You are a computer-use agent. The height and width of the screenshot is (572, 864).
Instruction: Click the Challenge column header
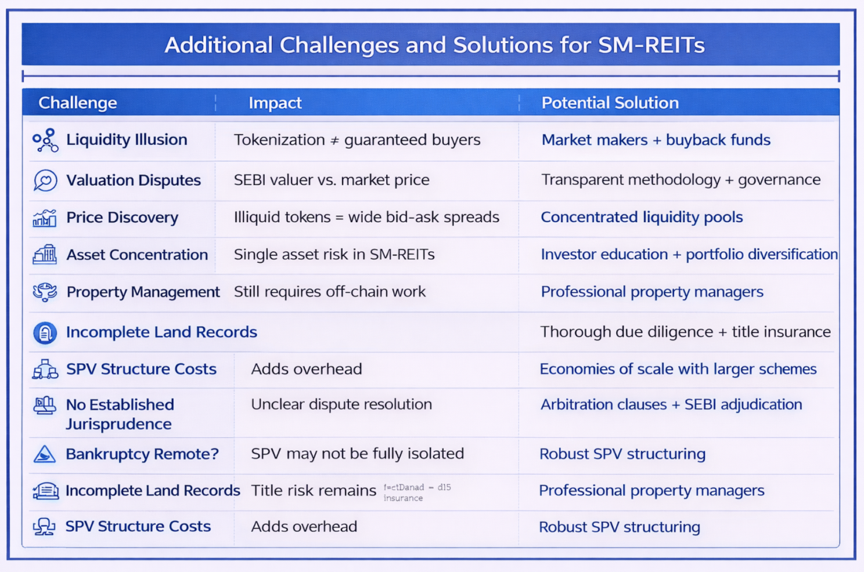coord(77,103)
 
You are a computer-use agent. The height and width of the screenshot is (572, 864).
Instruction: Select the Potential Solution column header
coord(610,103)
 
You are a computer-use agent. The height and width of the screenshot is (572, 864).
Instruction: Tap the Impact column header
coord(275,103)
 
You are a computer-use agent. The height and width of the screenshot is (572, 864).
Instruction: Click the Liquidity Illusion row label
coord(127,140)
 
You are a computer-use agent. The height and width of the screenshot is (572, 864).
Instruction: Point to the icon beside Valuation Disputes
coord(45,180)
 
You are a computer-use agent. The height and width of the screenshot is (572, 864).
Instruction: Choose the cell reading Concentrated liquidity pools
coord(642,217)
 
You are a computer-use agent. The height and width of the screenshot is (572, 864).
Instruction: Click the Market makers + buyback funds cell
coord(656,140)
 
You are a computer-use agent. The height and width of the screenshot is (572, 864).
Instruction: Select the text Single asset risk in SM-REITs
coord(334,254)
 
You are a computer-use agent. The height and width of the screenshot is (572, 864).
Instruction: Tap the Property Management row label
coord(143,292)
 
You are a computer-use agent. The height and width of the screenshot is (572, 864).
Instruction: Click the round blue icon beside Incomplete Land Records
coord(45,333)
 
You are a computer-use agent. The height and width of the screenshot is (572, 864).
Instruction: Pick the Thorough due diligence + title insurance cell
coord(685,332)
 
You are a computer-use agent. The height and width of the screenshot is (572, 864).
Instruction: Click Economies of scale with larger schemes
coord(678,369)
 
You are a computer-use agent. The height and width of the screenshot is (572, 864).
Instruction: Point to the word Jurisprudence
coord(118,424)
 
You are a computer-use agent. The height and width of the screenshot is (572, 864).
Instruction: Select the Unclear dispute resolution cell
coord(341,404)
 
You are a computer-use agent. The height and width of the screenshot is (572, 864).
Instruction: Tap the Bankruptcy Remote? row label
coord(142,454)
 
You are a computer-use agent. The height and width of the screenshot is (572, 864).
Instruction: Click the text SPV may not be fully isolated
coord(357,454)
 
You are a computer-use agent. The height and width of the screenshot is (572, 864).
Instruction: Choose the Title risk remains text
coord(314,491)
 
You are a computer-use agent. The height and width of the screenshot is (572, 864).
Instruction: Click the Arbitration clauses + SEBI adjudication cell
coord(671,404)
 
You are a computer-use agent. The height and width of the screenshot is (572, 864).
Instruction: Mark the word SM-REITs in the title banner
coord(651,45)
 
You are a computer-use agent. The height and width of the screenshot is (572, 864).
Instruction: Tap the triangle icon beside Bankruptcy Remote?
coord(45,454)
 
